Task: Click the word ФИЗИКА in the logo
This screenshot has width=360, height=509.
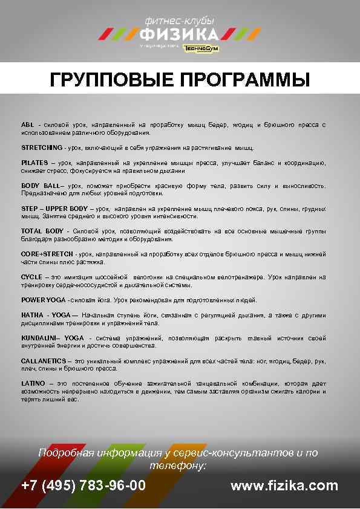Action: click(x=179, y=33)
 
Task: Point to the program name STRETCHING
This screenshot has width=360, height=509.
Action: click(x=41, y=148)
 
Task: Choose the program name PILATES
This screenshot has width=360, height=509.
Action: click(x=34, y=163)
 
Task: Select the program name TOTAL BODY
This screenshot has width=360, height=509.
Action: click(x=43, y=231)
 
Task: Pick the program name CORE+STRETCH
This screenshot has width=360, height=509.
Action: click(x=47, y=254)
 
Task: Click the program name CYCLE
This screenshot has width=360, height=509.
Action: click(x=31, y=277)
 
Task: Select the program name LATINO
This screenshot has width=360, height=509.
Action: click(x=33, y=383)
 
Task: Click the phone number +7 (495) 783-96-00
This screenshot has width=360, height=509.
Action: click(x=83, y=485)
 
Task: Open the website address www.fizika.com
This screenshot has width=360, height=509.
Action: click(x=284, y=485)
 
